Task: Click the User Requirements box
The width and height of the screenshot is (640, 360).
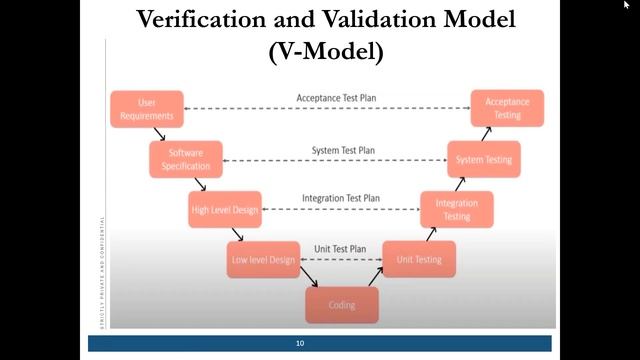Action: pyautogui.click(x=146, y=108)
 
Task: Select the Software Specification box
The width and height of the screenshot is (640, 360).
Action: pyautogui.click(x=186, y=159)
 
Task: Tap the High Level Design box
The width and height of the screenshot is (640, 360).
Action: pyautogui.click(x=225, y=209)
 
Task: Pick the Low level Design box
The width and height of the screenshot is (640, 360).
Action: pyautogui.click(x=264, y=260)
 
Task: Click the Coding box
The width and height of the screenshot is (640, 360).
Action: pyautogui.click(x=342, y=304)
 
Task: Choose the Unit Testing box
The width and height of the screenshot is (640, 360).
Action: pyautogui.click(x=419, y=260)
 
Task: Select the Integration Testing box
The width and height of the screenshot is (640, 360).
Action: pyautogui.click(x=456, y=209)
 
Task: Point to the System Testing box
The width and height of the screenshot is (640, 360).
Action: pyautogui.click(x=484, y=159)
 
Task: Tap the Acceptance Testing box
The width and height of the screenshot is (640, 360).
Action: pyautogui.click(x=508, y=108)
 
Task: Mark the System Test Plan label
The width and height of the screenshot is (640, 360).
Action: pyautogui.click(x=342, y=150)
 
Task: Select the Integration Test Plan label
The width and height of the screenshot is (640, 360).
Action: pyautogui.click(x=341, y=198)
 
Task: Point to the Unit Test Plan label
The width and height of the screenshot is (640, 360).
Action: pyautogui.click(x=341, y=248)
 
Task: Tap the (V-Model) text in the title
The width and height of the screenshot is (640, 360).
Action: pyautogui.click(x=326, y=52)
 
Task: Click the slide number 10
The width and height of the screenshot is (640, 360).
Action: pyautogui.click(x=299, y=343)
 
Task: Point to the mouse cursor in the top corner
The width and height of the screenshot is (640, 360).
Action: pyautogui.click(x=626, y=5)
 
